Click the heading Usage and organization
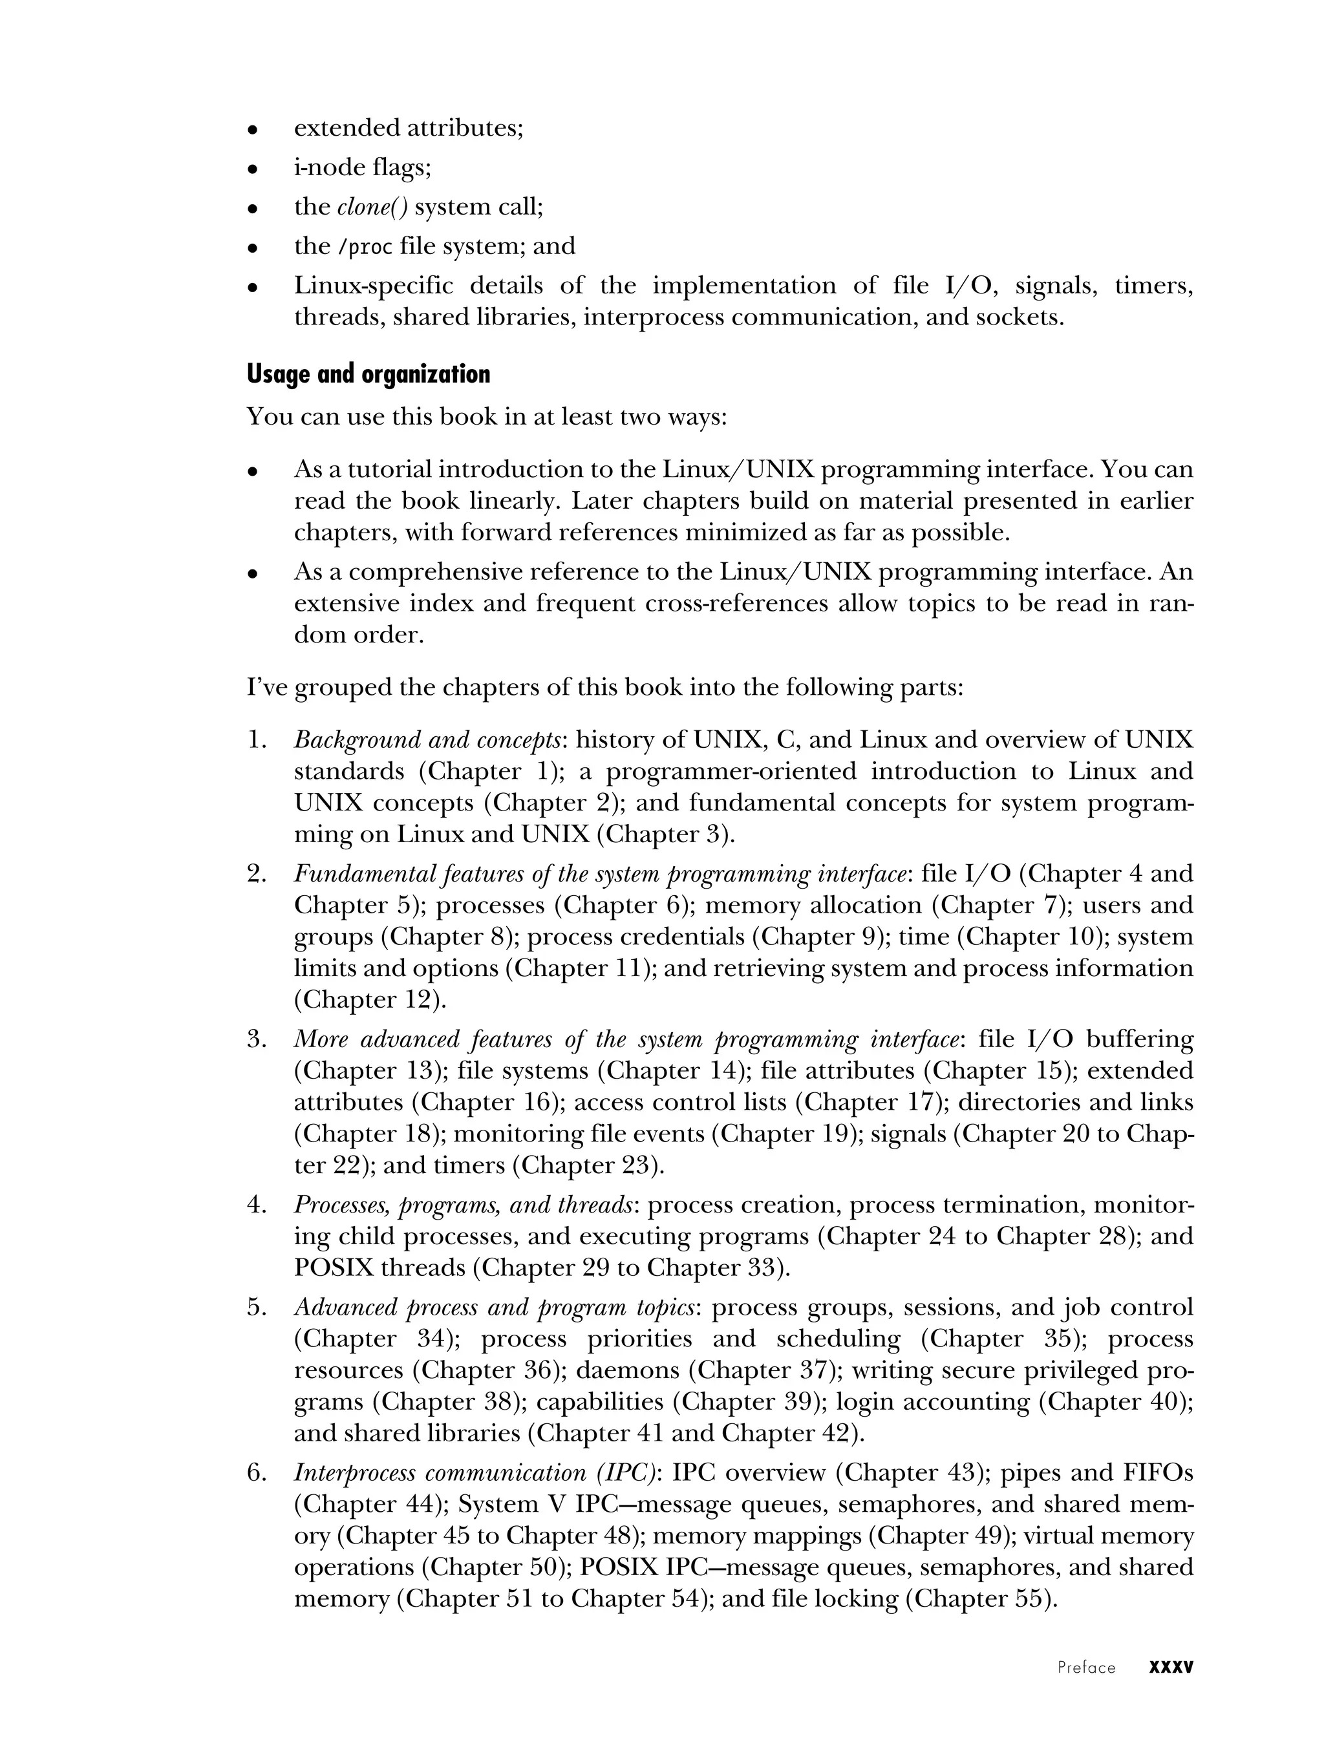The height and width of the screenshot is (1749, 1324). coord(368,374)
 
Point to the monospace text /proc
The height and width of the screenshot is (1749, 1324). coord(365,248)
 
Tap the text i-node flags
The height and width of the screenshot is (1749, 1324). coord(362,167)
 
